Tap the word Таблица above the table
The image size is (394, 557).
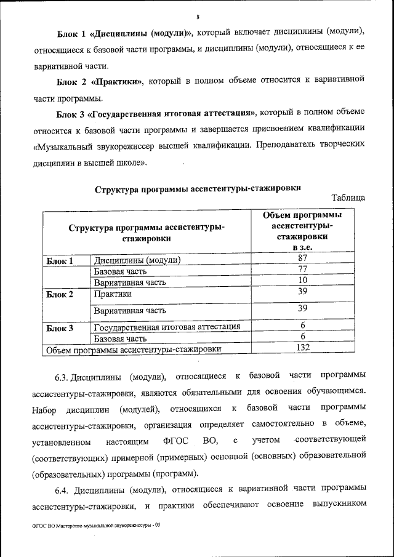coord(348,198)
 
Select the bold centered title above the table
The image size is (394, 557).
coord(198,188)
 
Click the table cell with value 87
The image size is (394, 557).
coord(302,258)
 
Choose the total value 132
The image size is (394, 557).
coord(302,348)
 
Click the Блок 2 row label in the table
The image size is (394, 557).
coord(60,294)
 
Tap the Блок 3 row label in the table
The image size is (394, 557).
coord(60,327)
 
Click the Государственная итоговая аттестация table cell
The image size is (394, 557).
coord(167,327)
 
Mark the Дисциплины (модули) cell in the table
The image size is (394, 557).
coord(137,260)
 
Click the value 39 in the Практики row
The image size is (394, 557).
coord(302,292)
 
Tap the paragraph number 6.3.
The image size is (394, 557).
coord(63,375)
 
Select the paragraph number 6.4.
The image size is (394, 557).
coord(63,489)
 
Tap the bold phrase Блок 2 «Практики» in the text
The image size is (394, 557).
coord(100,81)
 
